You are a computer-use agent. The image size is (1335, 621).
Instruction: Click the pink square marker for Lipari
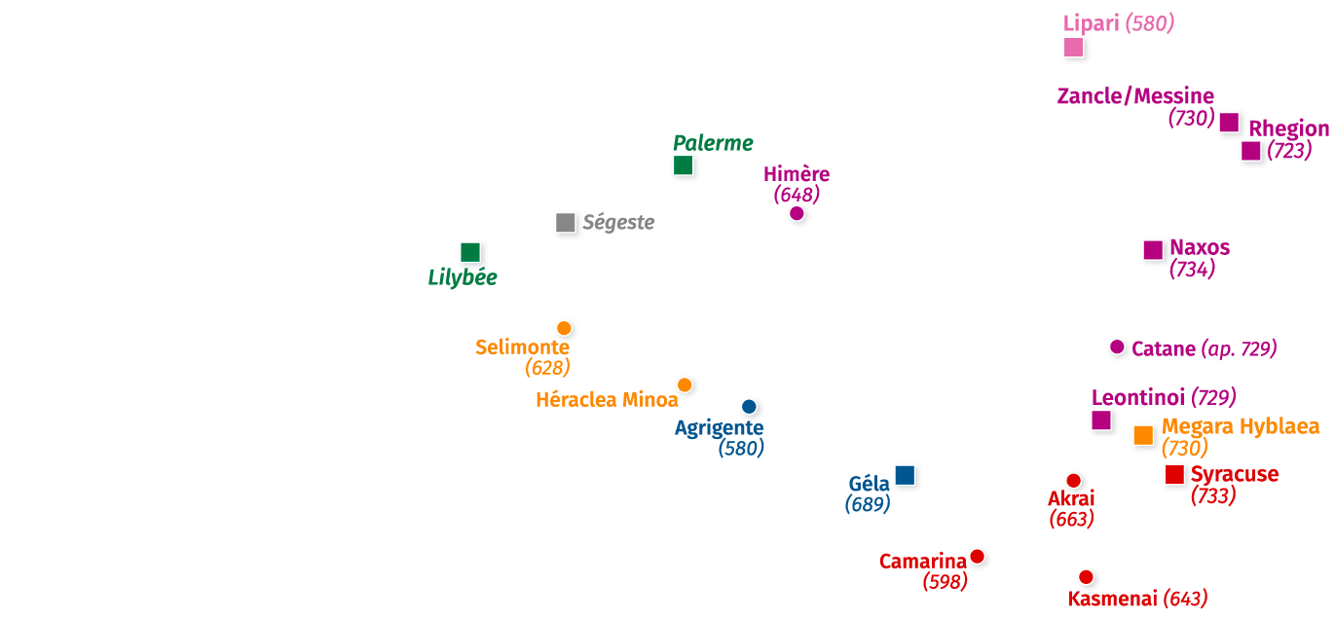1074,47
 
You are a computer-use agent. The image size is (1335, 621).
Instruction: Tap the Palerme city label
713,143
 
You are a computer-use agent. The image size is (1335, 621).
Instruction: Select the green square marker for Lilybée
470,253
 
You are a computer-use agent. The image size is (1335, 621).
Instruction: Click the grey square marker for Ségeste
566,223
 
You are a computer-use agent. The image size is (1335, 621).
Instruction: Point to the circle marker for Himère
797,214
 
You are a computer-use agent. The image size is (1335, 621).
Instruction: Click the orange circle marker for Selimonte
564,328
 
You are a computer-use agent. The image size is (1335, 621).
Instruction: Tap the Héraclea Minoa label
606,400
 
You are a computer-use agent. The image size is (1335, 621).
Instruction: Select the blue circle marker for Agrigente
749,407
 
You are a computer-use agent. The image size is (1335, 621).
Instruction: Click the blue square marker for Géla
906,475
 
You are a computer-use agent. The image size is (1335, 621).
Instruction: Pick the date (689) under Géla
867,504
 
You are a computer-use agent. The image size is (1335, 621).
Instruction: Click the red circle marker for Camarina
977,557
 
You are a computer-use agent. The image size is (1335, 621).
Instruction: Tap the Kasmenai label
1112,599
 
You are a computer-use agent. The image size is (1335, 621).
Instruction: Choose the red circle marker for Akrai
1073,480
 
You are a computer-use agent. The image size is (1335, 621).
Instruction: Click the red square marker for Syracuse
1175,475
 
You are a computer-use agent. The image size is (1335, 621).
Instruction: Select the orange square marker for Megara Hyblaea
1144,435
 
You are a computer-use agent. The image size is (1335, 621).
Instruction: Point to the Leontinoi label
1137,397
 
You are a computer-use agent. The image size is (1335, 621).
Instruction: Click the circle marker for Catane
1117,347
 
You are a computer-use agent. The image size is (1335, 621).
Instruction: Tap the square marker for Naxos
1154,250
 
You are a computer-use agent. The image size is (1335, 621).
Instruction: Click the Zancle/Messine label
1135,96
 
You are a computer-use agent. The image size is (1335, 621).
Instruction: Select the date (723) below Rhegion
1289,151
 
